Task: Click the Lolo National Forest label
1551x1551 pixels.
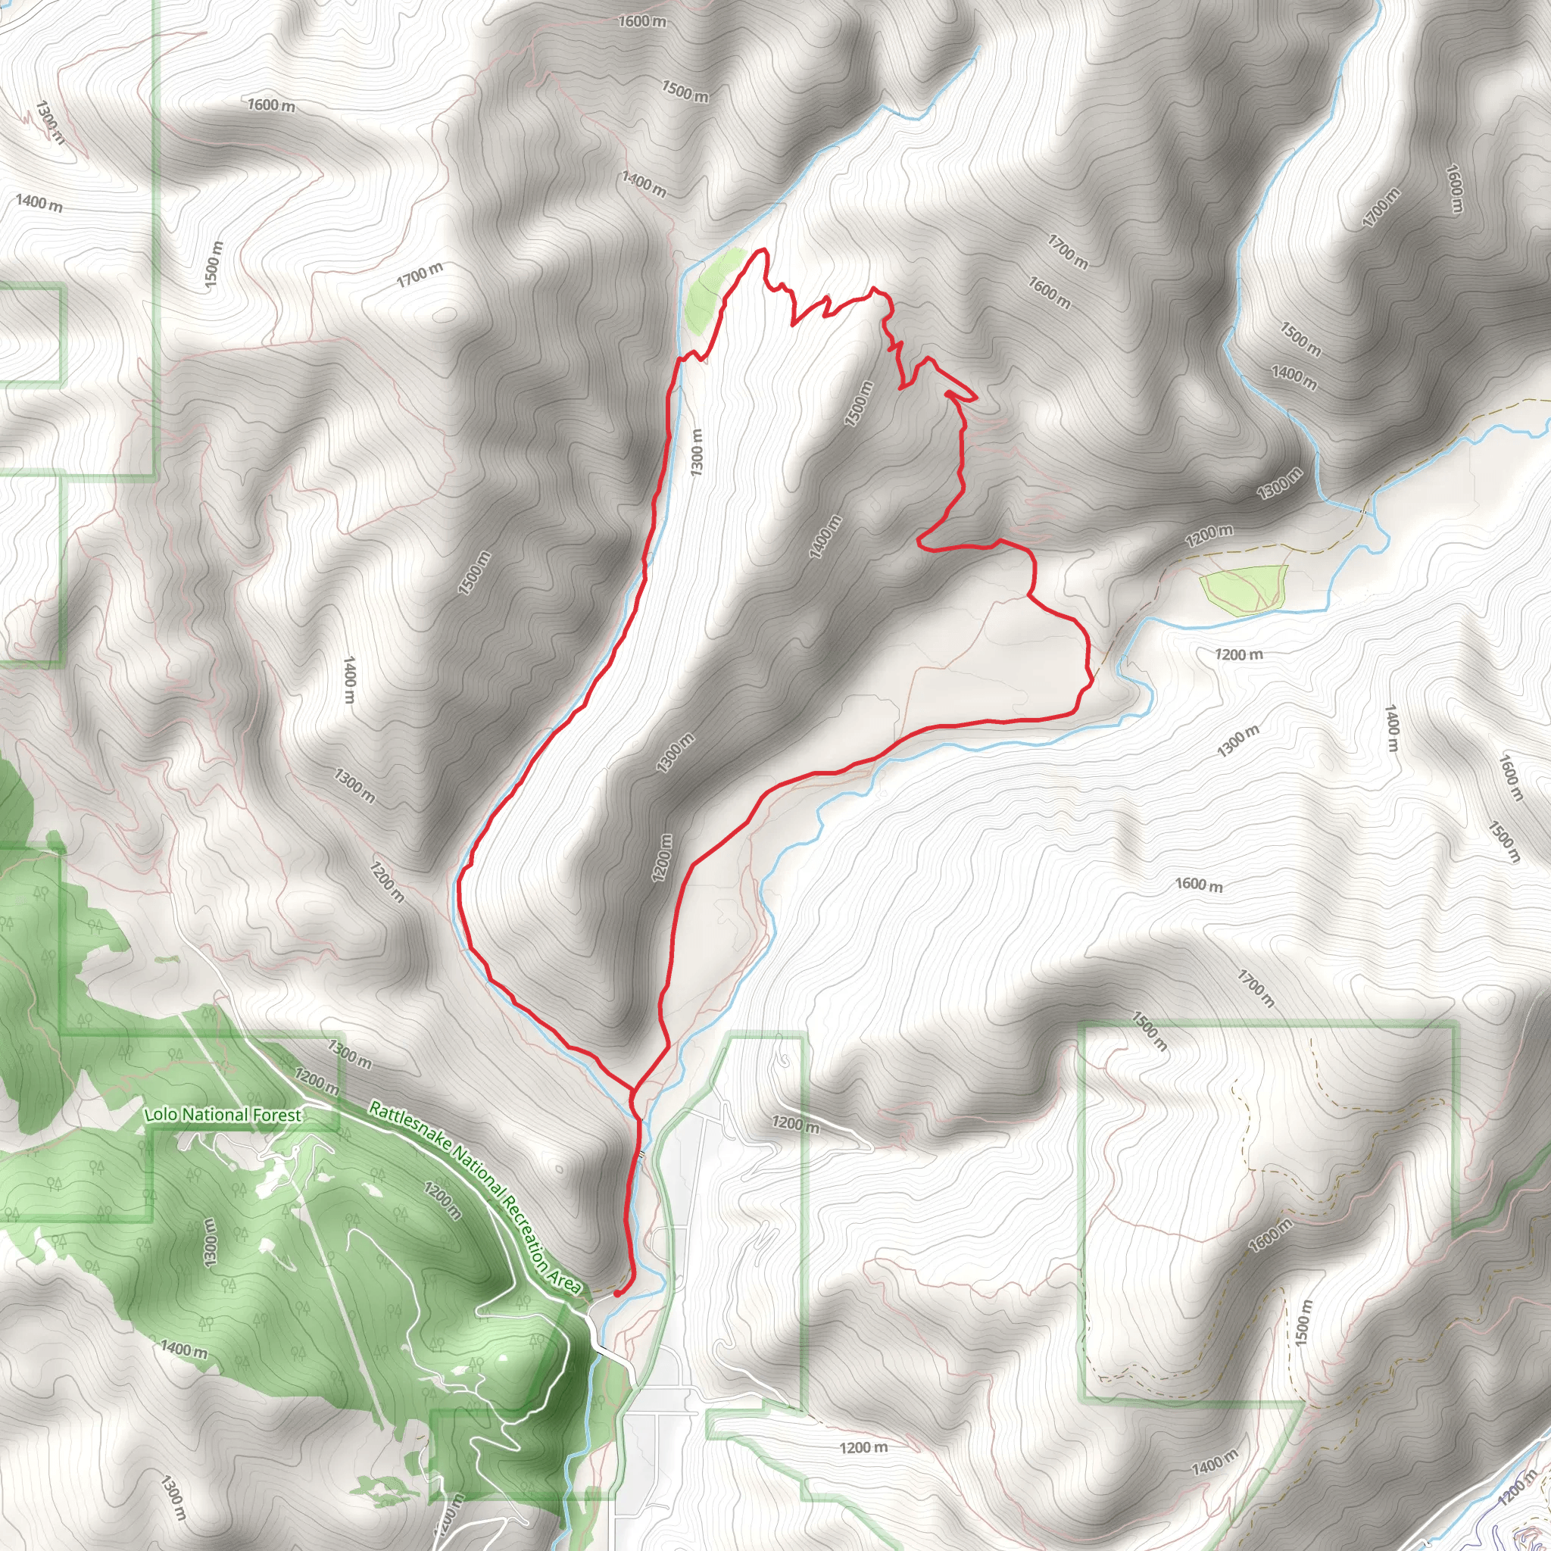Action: point(223,1115)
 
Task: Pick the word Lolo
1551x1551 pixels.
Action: point(160,1115)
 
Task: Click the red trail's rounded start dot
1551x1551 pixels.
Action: point(616,1294)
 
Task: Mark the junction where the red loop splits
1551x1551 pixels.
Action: point(633,1091)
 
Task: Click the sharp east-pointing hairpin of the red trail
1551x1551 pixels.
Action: point(975,398)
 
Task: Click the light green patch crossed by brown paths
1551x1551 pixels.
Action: point(1244,588)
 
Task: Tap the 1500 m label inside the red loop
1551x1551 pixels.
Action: point(858,403)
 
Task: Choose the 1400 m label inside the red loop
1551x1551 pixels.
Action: point(825,536)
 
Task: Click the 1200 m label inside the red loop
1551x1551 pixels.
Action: point(663,857)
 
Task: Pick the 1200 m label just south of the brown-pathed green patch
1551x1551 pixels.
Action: point(1239,654)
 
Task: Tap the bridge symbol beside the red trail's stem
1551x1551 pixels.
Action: point(641,1154)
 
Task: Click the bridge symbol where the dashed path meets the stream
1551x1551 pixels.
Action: point(1363,511)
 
